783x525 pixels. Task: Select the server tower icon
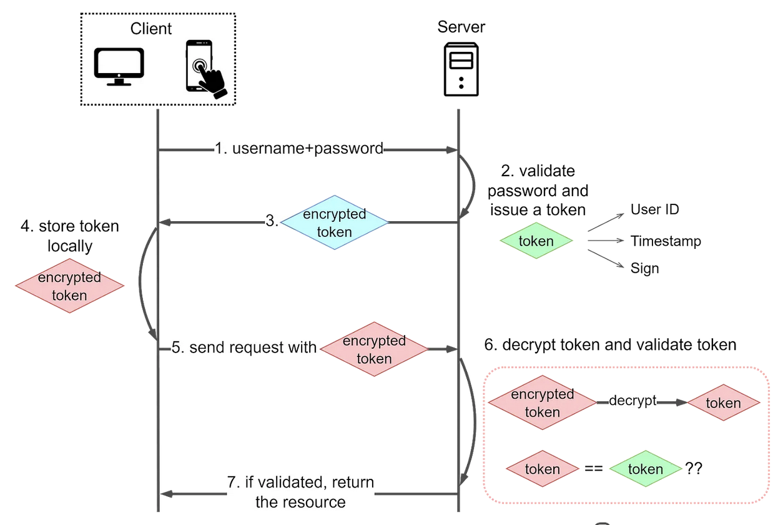[x=461, y=69]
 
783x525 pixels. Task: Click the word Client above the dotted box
[x=151, y=29]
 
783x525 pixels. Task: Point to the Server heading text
[x=461, y=27]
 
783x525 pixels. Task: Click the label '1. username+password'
[x=299, y=149]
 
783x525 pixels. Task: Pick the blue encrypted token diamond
[x=335, y=222]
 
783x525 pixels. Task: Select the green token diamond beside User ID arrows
[x=536, y=241]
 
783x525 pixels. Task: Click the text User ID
[x=654, y=209]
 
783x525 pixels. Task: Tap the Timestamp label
[x=665, y=241]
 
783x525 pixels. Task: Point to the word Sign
[x=644, y=269]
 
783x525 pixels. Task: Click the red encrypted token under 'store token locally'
[x=69, y=286]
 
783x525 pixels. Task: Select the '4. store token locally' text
[x=69, y=236]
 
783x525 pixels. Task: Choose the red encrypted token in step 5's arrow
[x=374, y=349]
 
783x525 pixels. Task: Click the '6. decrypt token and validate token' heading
[x=610, y=344]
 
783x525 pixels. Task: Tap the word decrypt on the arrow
[x=632, y=401]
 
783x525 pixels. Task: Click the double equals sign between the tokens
[x=593, y=468]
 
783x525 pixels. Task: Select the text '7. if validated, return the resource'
[x=300, y=492]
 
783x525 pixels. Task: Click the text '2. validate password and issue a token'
[x=538, y=190]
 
